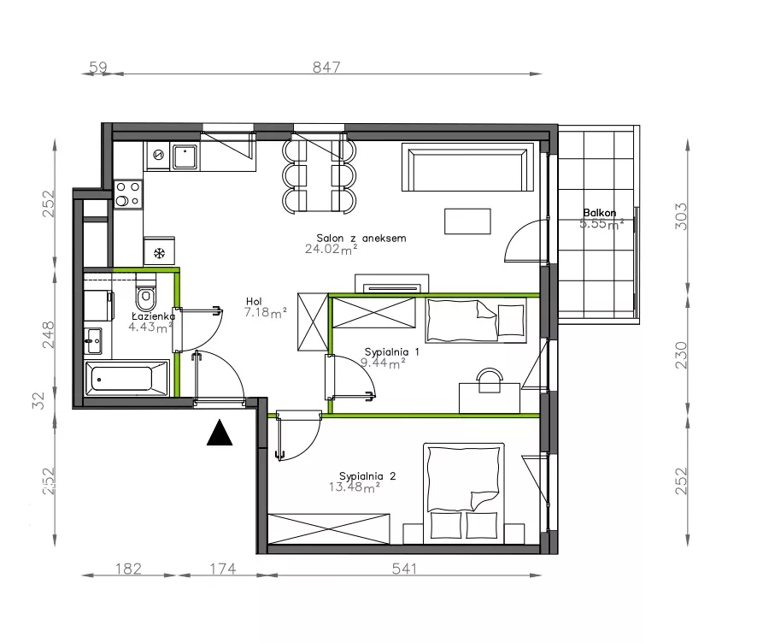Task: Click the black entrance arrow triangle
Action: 220,433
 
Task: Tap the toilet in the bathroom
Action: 145,295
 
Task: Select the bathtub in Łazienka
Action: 126,378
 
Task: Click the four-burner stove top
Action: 128,194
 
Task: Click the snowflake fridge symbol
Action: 159,253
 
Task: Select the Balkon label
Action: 600,213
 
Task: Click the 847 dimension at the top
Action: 326,68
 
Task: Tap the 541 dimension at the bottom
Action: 404,569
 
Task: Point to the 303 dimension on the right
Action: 680,216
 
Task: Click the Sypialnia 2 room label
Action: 367,476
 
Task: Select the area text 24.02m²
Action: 332,250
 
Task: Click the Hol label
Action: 254,302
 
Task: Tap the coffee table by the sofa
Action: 468,221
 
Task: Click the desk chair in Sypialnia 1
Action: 490,380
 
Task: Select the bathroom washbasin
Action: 94,341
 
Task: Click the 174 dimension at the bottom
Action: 223,569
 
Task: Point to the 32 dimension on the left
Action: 38,400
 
